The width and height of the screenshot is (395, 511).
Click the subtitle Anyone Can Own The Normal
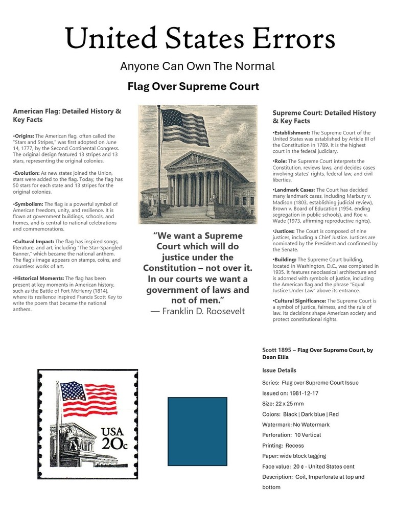click(x=197, y=66)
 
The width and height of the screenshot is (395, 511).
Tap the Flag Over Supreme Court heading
click(x=193, y=87)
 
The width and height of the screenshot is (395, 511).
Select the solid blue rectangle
click(x=197, y=431)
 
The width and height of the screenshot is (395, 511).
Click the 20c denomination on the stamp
click(x=114, y=444)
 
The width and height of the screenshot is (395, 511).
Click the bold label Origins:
click(x=24, y=135)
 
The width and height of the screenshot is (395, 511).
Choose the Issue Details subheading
click(x=279, y=370)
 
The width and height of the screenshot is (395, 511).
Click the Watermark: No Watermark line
click(x=296, y=425)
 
